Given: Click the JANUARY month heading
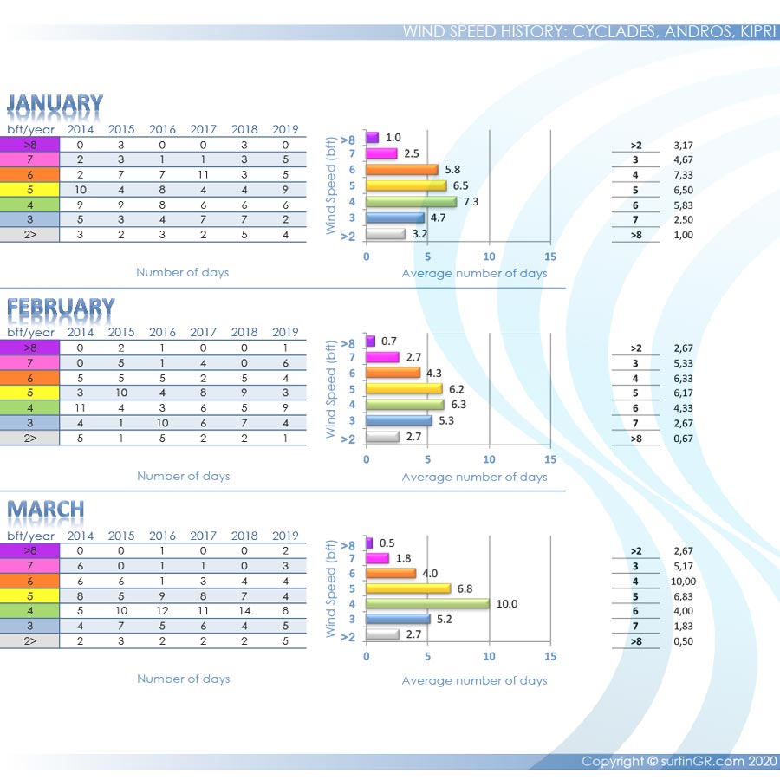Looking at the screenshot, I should (55, 104).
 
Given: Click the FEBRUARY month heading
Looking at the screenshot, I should (61, 308).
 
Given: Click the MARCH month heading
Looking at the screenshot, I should (46, 510).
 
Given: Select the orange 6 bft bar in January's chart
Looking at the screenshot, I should (401, 170).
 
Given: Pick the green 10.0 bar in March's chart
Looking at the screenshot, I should (427, 604).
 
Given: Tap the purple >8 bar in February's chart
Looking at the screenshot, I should (369, 341).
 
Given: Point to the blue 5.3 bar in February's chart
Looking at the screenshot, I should (399, 420).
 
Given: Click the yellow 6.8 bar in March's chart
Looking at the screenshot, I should (408, 588).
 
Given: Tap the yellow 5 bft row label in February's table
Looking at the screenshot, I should (29, 393).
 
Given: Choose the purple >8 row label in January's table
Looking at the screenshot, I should (29, 145).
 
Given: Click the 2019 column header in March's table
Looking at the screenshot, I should (285, 536).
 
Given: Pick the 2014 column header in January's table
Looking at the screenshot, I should (81, 130).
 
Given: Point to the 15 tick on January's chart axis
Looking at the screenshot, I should (550, 257).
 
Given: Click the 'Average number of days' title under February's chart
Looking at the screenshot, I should (474, 477).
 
